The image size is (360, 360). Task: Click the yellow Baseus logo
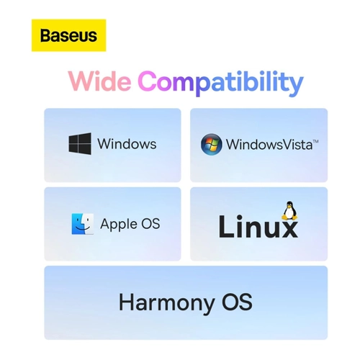point(68,35)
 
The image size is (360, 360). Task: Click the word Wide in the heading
point(100,81)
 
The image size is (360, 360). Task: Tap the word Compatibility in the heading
point(221,83)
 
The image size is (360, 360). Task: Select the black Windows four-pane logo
point(80,143)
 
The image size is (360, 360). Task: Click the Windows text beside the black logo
point(127,144)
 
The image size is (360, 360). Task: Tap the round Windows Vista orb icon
point(211,144)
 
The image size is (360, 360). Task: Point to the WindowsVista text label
point(269,145)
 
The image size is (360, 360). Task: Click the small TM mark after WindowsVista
point(315,142)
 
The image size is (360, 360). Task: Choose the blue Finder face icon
point(83,224)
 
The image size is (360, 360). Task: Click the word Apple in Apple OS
point(119,225)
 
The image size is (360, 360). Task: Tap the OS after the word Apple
point(150,223)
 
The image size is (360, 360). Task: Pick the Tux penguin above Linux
point(289,211)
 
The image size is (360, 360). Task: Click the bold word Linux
point(258,226)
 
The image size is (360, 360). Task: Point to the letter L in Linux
point(226,226)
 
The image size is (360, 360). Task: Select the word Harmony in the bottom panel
point(167,303)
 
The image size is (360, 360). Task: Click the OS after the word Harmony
point(237,302)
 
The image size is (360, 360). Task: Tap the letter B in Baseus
point(45,35)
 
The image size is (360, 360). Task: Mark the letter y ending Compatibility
point(297,86)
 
